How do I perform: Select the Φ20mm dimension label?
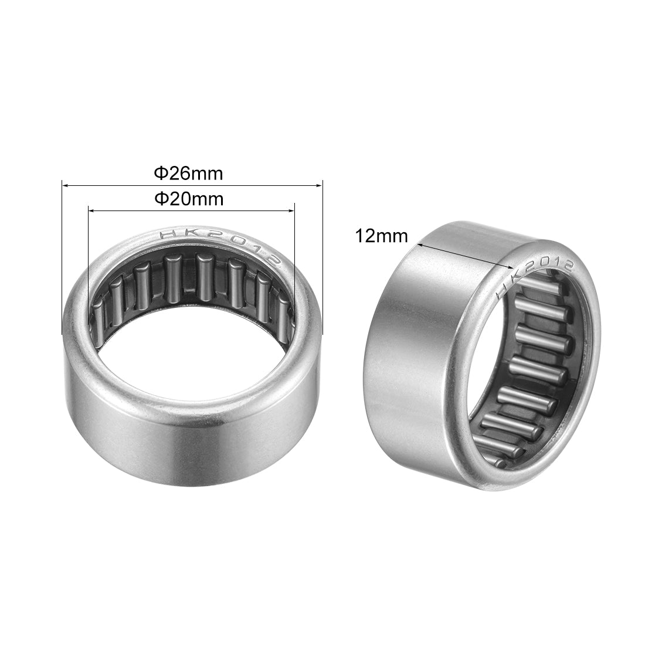188,199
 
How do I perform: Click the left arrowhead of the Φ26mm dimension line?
65,186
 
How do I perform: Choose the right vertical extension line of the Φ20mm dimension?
293,246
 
